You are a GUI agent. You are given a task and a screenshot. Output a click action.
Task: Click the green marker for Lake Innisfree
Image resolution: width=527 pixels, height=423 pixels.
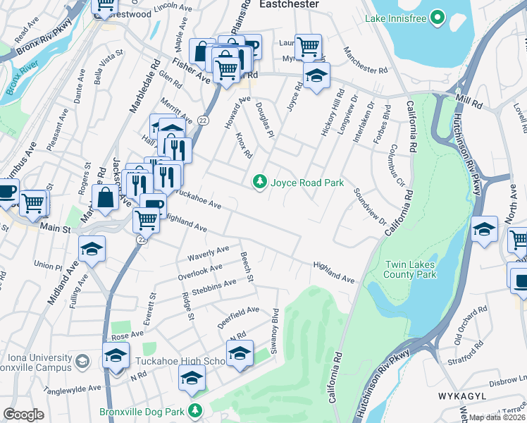point(438,16)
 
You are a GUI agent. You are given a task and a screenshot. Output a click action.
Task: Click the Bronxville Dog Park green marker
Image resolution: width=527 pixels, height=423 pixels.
point(195,410)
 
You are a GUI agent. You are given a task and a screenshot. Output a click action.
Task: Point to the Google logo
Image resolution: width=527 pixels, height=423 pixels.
point(23,415)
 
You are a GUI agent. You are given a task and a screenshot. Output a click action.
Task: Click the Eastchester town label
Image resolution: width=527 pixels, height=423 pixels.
point(289,4)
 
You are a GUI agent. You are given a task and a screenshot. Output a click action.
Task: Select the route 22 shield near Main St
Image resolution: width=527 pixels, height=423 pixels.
point(141,240)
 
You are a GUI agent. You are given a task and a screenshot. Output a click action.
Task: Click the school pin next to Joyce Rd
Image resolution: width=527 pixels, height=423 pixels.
point(316,74)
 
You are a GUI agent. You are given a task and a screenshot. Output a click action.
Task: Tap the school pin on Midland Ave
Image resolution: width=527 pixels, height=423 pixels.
point(92,248)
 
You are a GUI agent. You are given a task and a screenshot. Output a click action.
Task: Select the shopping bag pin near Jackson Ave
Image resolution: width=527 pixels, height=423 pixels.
point(105,197)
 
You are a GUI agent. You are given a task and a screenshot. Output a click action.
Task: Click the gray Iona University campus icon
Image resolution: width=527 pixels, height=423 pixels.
point(82,362)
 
